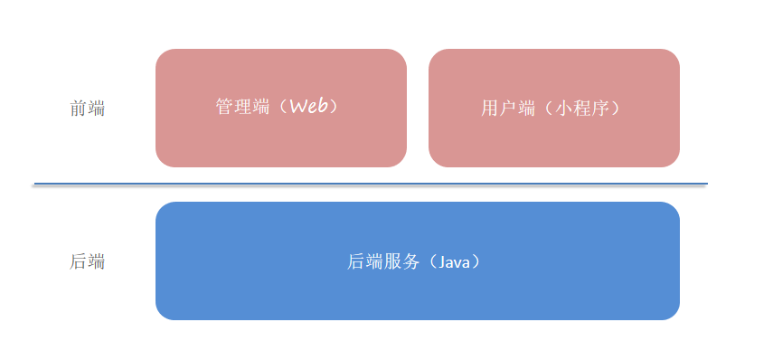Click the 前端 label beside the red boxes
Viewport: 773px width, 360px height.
point(87,109)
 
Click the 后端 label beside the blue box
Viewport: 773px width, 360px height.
point(87,262)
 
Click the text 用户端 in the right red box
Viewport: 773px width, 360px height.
point(509,109)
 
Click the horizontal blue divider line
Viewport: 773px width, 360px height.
point(371,184)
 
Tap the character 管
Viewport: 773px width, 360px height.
point(224,107)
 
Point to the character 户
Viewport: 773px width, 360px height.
point(509,109)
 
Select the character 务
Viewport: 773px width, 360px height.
point(411,261)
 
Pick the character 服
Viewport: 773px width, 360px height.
point(393,261)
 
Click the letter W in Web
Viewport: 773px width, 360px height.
point(298,106)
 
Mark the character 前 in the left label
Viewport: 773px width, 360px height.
point(79,109)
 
